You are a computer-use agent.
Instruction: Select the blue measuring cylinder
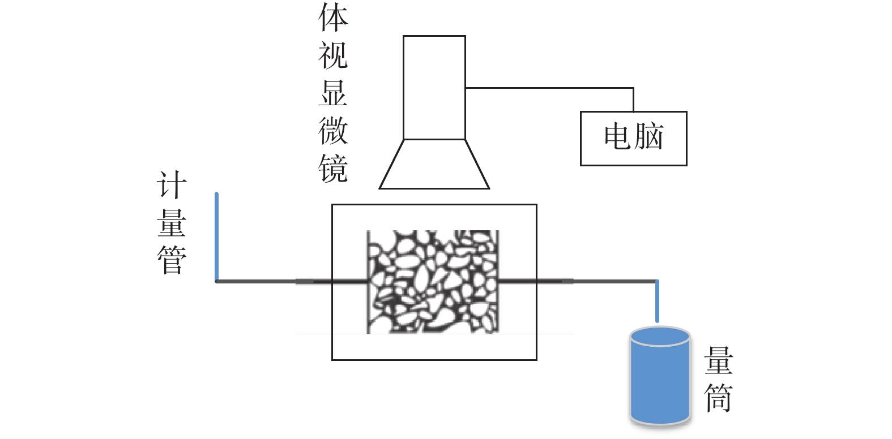(x=660, y=385)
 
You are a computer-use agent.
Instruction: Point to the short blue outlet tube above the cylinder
(x=657, y=301)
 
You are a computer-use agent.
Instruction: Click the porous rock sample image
(x=433, y=282)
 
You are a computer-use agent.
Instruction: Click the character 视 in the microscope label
(x=333, y=55)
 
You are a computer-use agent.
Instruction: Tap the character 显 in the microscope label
(x=333, y=93)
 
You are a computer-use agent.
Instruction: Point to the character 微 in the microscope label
(x=333, y=131)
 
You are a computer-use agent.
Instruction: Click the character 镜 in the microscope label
(x=333, y=168)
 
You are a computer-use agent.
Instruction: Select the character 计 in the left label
(x=171, y=185)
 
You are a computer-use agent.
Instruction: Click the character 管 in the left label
(x=171, y=260)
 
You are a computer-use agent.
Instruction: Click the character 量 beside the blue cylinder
(x=718, y=360)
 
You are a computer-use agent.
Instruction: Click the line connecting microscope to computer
(x=549, y=88)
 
